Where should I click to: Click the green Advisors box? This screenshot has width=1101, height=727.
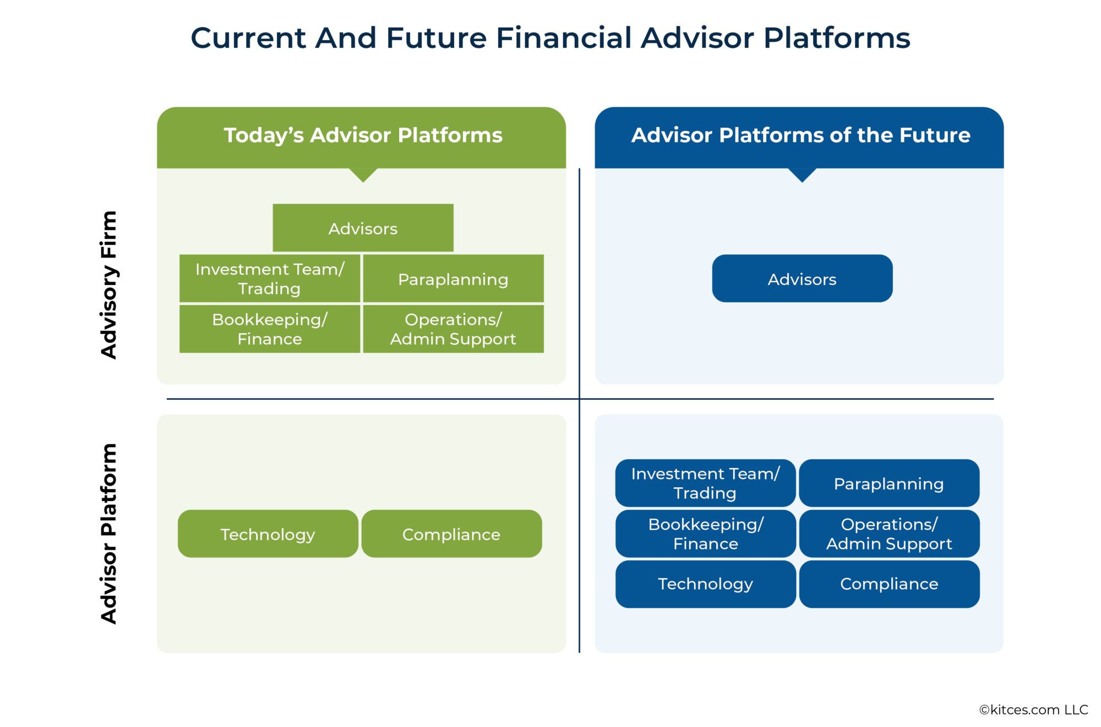pyautogui.click(x=363, y=228)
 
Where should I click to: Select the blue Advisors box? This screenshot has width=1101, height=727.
pyautogui.click(x=802, y=279)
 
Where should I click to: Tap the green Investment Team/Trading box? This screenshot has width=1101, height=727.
pyautogui.click(x=270, y=279)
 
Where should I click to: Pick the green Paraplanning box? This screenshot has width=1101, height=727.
pyautogui.click(x=453, y=279)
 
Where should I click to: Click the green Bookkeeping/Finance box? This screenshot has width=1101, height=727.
pyautogui.click(x=270, y=329)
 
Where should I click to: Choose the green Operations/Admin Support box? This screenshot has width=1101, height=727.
pyautogui.click(x=453, y=329)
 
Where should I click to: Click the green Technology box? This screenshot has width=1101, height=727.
pyautogui.click(x=268, y=534)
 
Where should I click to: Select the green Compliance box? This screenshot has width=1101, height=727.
pyautogui.click(x=451, y=534)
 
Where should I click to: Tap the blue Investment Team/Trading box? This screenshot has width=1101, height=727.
pyautogui.click(x=705, y=483)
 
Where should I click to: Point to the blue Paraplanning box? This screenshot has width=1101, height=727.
pyautogui.click(x=889, y=483)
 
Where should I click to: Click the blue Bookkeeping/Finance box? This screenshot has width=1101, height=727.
pyautogui.click(x=705, y=533)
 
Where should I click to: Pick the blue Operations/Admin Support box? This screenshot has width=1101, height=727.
pyautogui.click(x=889, y=533)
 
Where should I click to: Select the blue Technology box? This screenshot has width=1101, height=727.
pyautogui.click(x=705, y=583)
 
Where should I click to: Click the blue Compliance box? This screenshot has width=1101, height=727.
pyautogui.click(x=889, y=583)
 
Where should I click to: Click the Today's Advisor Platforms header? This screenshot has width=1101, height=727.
pyautogui.click(x=363, y=135)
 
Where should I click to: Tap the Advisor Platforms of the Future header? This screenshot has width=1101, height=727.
pyautogui.click(x=800, y=135)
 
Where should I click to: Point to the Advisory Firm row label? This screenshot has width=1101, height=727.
pyautogui.click(x=109, y=284)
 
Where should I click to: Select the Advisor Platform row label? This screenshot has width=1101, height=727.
pyautogui.click(x=109, y=533)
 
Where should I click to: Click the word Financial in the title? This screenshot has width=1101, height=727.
pyautogui.click(x=563, y=38)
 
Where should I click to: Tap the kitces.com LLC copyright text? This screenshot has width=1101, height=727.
pyautogui.click(x=1033, y=709)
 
